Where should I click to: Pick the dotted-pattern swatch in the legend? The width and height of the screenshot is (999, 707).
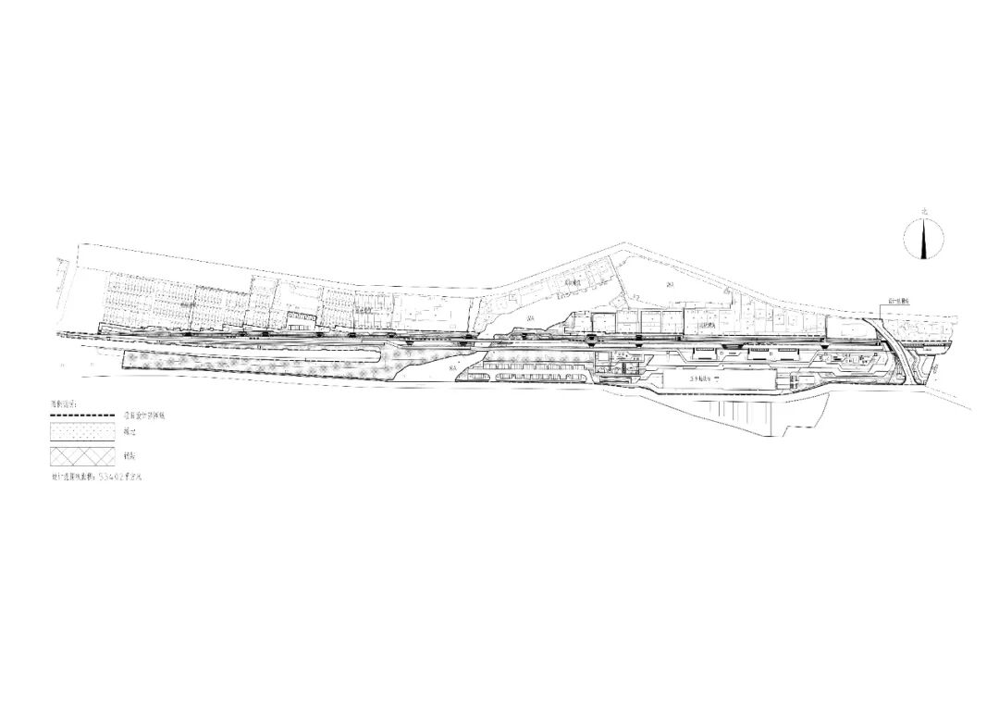[x=82, y=433]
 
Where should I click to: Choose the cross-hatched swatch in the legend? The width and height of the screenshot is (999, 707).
[x=82, y=457]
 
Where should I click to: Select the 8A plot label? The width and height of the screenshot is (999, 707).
[x=453, y=369]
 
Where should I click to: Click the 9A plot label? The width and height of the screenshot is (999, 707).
[x=530, y=317]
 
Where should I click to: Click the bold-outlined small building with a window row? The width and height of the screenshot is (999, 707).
[x=301, y=318]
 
